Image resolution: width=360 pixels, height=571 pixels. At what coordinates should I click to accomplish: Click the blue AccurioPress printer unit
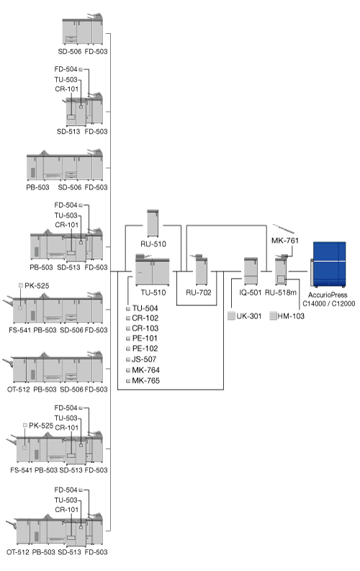point(328,264)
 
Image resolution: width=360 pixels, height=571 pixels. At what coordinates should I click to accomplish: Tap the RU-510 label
point(153,244)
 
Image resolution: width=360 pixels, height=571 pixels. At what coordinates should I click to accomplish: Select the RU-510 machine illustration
point(153,223)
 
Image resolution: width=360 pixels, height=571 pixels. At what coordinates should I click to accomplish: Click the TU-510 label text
point(153,292)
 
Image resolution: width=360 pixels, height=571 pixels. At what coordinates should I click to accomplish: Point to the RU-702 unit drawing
point(201,270)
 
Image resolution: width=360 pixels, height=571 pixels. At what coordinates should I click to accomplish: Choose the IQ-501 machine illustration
point(251,271)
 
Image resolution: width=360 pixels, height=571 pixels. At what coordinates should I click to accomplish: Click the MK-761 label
point(285,240)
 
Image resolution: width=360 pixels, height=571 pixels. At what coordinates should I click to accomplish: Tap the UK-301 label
point(249,316)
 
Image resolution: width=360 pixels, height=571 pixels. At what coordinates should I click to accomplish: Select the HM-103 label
point(291,316)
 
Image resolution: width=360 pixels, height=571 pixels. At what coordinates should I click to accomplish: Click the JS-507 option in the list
point(144,359)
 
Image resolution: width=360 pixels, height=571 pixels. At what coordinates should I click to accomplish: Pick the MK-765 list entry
point(145,380)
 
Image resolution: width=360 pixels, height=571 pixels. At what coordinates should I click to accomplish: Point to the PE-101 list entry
point(145,338)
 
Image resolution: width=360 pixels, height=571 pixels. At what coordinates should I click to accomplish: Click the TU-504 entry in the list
point(145,308)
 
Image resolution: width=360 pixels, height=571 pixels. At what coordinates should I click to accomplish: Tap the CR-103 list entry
point(145,328)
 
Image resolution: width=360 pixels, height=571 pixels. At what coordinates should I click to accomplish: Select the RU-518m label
point(281,292)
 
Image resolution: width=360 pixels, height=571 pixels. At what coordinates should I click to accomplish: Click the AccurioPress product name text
point(328,295)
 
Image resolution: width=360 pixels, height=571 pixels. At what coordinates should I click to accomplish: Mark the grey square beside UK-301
point(231,315)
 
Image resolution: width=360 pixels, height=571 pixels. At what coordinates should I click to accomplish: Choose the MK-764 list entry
point(145,370)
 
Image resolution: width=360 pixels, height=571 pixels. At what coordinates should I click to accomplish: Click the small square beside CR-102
point(128,318)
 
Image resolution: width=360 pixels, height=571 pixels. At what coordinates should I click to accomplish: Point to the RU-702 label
point(199,292)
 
